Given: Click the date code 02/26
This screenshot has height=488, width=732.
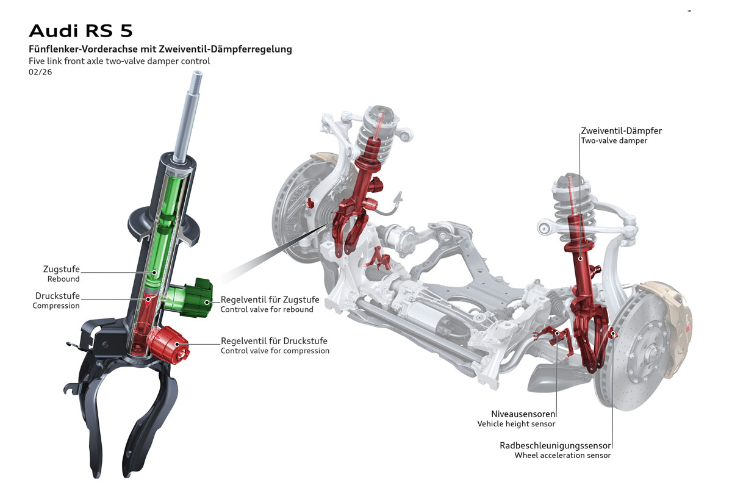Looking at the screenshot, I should click(40, 72).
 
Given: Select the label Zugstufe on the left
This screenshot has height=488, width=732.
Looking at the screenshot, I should click(61, 269).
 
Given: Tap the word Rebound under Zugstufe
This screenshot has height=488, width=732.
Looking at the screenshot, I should click(63, 279).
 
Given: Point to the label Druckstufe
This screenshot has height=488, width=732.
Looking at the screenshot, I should click(57, 296).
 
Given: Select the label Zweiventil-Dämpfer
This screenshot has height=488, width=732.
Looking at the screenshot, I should click(621, 131).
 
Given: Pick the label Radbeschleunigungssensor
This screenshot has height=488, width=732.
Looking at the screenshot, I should click(555, 445).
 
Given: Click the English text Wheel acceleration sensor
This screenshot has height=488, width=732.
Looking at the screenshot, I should click(562, 456).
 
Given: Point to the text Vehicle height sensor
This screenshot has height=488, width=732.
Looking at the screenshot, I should click(516, 424).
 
